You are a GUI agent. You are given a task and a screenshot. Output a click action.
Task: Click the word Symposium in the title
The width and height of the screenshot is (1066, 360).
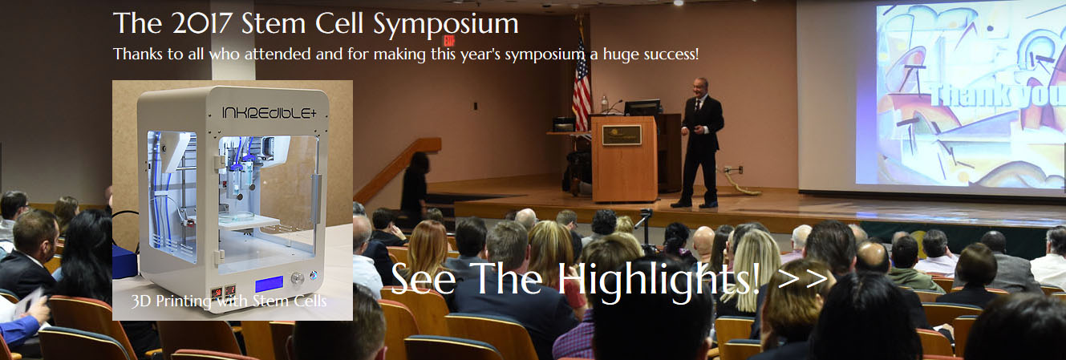point(445,25)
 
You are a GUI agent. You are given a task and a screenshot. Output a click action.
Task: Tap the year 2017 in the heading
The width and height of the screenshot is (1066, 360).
point(202,23)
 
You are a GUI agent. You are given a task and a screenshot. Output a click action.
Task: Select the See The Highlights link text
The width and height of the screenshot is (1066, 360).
point(575,281)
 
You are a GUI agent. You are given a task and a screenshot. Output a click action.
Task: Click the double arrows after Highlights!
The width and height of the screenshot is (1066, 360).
point(803,279)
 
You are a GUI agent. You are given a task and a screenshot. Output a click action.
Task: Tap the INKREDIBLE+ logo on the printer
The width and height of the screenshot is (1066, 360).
point(269,112)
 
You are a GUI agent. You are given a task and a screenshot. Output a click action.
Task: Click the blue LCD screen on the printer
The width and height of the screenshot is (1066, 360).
point(269,284)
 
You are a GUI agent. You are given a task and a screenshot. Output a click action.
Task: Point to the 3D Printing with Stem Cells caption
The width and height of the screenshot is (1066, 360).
point(229,301)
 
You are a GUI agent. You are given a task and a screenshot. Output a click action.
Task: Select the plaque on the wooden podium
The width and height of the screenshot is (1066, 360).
point(622,135)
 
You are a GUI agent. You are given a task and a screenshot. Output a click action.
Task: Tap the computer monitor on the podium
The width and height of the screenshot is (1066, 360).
point(642,108)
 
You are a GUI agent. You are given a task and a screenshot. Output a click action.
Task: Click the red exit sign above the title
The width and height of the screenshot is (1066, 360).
point(448,41)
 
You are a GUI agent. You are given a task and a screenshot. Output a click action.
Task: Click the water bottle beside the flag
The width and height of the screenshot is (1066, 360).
point(604,104)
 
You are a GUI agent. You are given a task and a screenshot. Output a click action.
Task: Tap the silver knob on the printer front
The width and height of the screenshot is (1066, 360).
point(298,279)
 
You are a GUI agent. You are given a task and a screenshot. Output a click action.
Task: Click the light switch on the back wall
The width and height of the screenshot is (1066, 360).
point(475,106)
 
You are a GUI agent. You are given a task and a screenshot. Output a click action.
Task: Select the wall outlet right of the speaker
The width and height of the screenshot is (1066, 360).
point(740,169)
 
